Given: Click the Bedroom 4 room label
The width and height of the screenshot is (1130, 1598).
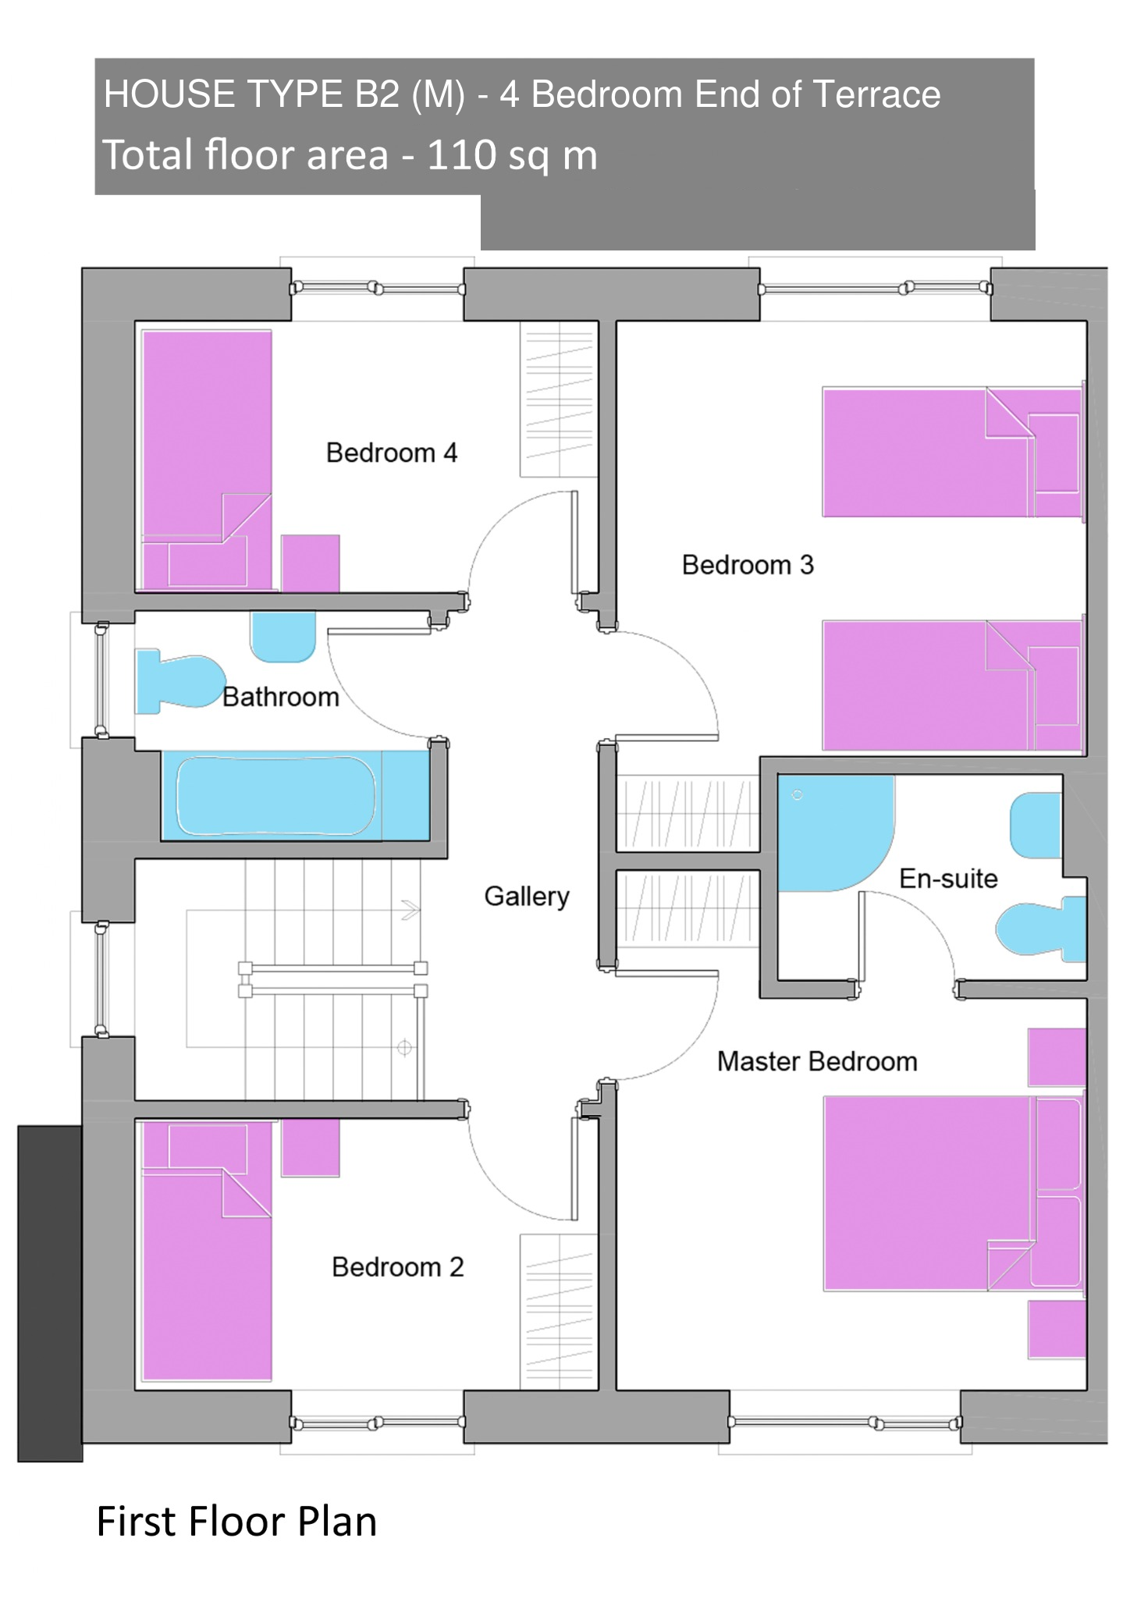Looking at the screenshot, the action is [x=391, y=453].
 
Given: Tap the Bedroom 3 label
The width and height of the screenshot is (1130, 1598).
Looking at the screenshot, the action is [x=748, y=564].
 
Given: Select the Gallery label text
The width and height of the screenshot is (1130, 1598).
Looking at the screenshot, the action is [x=527, y=897].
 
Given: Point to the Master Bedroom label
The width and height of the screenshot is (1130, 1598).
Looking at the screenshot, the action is [x=817, y=1061].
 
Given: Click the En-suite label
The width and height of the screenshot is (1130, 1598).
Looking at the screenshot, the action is [x=948, y=879].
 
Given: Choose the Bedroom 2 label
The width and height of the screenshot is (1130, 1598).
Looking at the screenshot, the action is [x=397, y=1266].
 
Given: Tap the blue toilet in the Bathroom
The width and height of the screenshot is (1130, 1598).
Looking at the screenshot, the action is [x=180, y=682].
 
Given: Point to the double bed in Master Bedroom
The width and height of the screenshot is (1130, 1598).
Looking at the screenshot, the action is [x=953, y=1193].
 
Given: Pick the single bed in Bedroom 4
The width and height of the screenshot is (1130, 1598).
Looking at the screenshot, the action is [x=207, y=460].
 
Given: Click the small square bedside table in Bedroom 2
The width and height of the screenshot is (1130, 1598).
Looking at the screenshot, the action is [x=311, y=1148].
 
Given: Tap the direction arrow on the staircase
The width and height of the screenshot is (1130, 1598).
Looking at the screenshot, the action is [x=410, y=910].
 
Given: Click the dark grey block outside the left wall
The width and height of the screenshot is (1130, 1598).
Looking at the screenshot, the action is [x=50, y=1293].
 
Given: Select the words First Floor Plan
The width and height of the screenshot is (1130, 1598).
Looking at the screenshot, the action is [x=236, y=1522].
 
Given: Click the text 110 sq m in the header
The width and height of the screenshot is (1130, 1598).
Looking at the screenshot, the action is [x=513, y=154].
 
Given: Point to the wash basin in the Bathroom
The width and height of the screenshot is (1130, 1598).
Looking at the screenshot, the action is [x=282, y=637].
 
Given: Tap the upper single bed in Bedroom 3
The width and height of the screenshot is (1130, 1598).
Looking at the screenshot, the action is [x=953, y=453].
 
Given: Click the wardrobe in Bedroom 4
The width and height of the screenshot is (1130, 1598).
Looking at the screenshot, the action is [x=559, y=399].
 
